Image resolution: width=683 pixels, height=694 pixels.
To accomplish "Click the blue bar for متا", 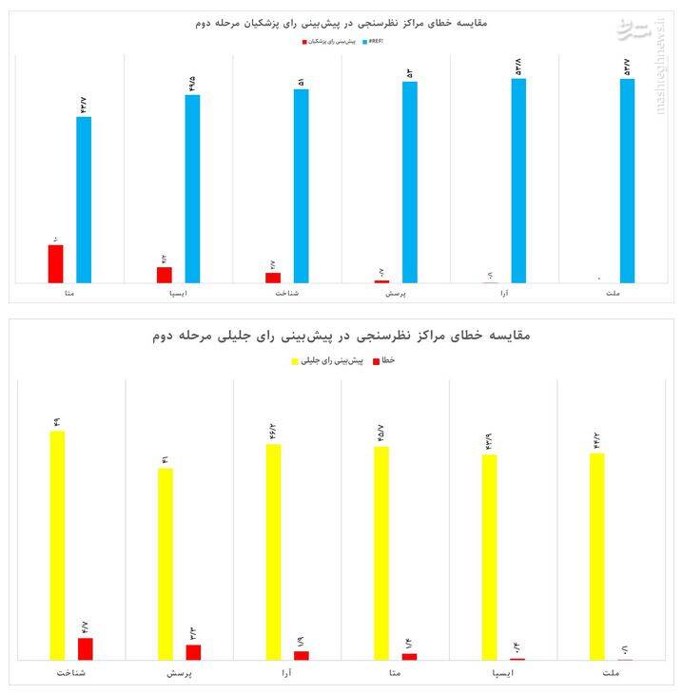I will pos(84,199).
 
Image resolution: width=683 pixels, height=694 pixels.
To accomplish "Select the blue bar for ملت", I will pos(627,180).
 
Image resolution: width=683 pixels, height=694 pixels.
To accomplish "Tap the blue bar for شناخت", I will pos(301,185).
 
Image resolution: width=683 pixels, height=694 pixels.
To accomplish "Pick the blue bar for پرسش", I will pos(409,182).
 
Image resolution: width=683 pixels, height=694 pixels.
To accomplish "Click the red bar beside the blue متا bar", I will pos(55,263).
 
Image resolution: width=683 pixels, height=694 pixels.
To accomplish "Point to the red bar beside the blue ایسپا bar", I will pos(165,274).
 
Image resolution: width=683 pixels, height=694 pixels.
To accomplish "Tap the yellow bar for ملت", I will pos(596,556).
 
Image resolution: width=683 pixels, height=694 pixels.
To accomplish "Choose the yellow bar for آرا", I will pos(273,551).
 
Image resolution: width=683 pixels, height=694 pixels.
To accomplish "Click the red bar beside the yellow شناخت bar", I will pos(86,648).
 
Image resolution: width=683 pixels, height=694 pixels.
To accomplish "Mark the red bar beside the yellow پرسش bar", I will pos(193,651).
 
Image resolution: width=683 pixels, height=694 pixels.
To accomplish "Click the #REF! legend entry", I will pos(374,43).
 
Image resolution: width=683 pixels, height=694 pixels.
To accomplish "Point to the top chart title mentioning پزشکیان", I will pos(341,21).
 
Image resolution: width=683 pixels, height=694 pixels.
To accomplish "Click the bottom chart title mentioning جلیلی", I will pos(341,336).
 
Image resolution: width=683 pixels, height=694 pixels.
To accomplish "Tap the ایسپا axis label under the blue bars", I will pos(178,295).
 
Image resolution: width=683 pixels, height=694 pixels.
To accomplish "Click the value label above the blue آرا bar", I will pos(517,66).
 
